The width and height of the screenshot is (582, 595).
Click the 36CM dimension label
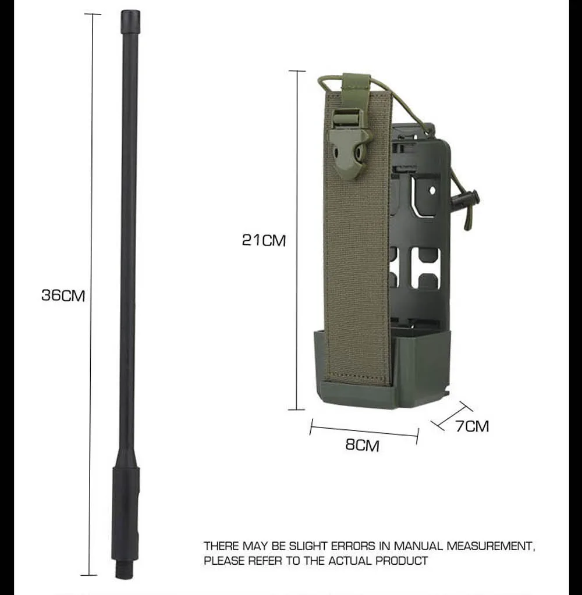pyautogui.click(x=63, y=295)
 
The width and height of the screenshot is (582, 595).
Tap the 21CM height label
pyautogui.click(x=264, y=240)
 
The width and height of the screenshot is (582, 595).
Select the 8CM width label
pyautogui.click(x=362, y=445)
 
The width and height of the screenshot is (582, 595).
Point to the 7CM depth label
pyautogui.click(x=472, y=426)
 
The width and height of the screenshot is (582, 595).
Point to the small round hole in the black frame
pyautogui.click(x=432, y=190)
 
